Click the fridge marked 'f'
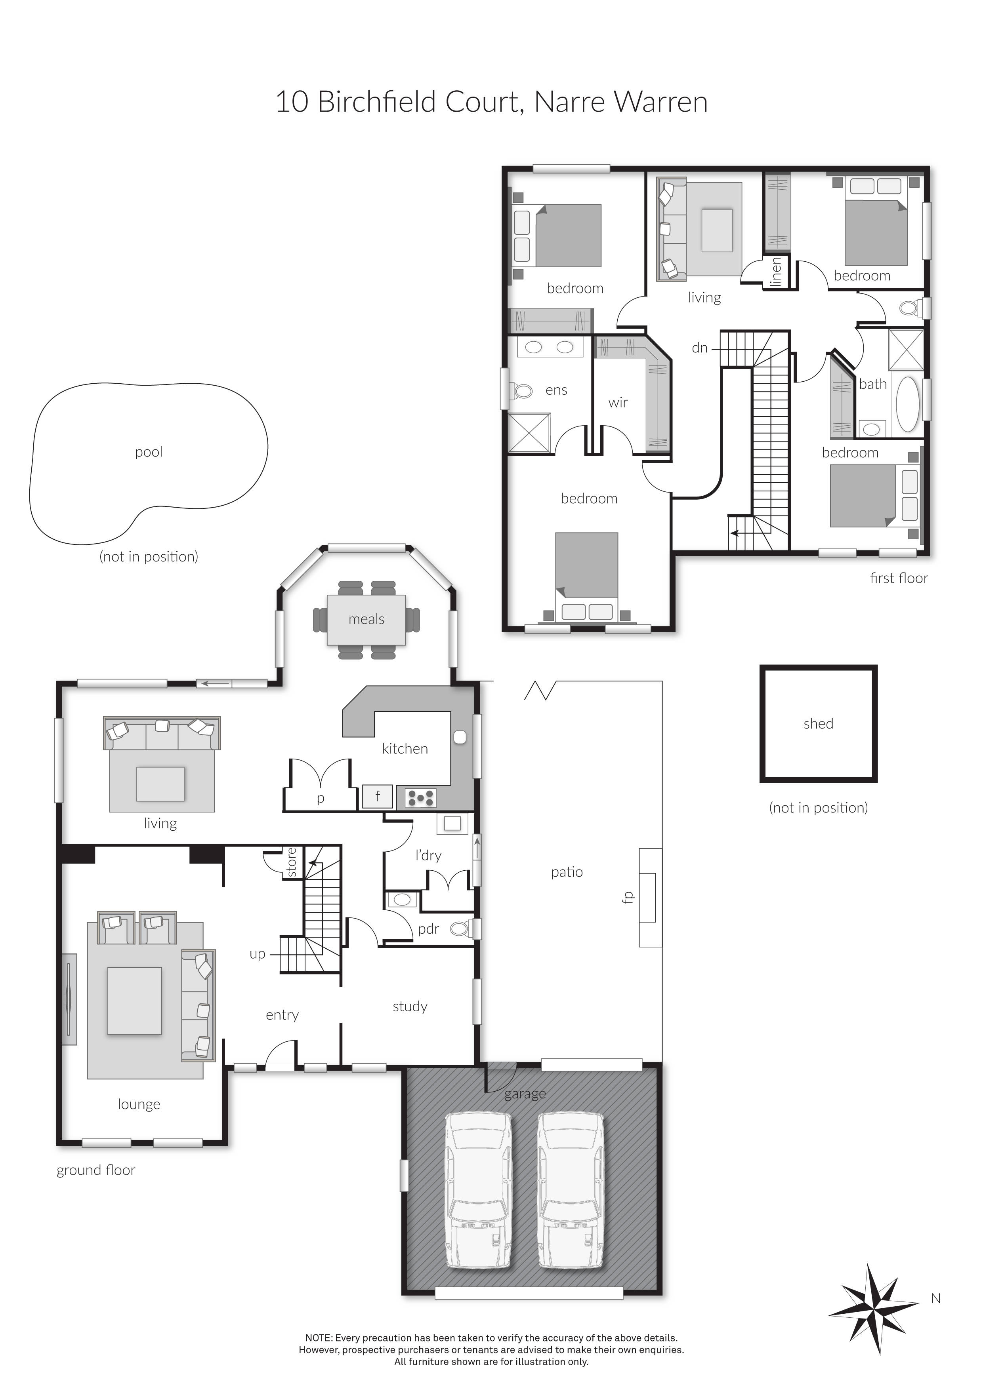(377, 796)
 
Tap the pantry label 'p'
(321, 799)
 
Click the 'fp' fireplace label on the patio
(627, 897)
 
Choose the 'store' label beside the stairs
(292, 862)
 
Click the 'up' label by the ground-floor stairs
(257, 954)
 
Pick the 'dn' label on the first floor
(700, 348)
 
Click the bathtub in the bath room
(907, 403)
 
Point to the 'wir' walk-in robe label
(618, 402)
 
